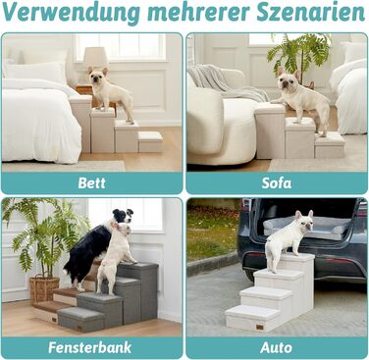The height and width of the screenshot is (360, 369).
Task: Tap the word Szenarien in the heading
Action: tap(310, 12)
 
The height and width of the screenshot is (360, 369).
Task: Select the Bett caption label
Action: tap(91, 183)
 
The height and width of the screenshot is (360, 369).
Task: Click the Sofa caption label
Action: tap(277, 183)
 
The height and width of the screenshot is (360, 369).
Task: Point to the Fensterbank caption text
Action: tap(90, 347)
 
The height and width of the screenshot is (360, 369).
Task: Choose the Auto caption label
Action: tap(277, 348)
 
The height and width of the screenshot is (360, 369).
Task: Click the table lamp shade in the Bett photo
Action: tap(95, 57)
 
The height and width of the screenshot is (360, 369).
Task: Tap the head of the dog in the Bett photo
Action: tap(98, 77)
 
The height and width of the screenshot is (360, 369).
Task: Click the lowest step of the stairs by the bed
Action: tap(150, 142)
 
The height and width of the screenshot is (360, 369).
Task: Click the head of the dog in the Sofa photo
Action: tap(289, 80)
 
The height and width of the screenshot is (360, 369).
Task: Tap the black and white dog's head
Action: tap(123, 216)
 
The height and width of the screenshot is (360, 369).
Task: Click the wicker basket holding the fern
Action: tap(44, 289)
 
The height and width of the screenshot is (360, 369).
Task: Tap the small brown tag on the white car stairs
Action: tap(260, 327)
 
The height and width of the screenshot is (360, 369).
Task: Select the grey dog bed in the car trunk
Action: tap(306, 228)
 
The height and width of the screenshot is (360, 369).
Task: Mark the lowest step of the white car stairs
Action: tap(252, 318)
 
